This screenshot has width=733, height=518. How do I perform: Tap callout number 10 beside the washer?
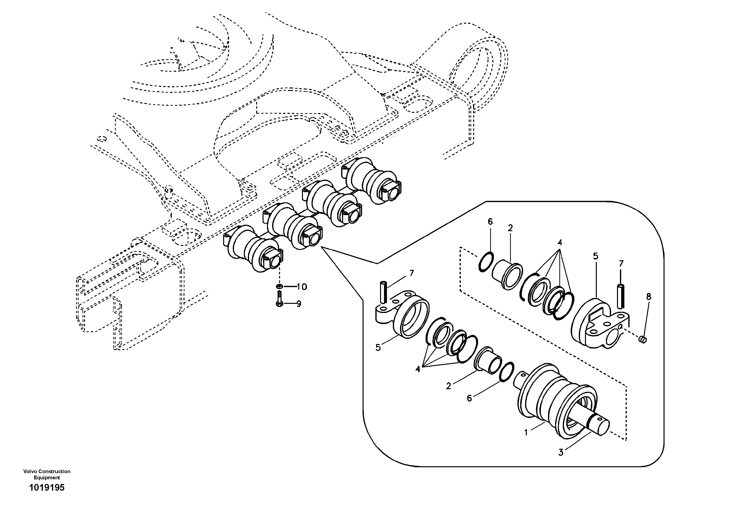(x=301, y=287)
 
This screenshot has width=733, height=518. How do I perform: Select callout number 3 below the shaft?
(x=561, y=452)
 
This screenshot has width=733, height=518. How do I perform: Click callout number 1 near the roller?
(x=526, y=432)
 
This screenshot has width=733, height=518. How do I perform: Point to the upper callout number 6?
(x=490, y=222)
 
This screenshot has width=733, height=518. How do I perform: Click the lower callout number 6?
(x=469, y=398)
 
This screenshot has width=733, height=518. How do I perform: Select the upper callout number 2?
(x=510, y=228)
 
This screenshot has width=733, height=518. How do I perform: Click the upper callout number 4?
(x=560, y=242)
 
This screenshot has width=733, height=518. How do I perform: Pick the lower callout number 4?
(x=418, y=369)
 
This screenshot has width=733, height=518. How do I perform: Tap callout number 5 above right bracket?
(x=595, y=256)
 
